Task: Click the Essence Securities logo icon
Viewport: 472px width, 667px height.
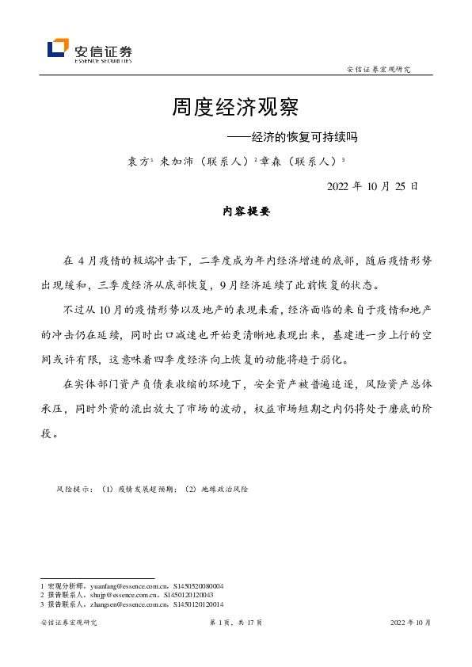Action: pos(59,49)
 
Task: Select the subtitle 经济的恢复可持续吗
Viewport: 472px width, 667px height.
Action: pos(294,137)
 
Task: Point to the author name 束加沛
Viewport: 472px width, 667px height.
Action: pos(176,161)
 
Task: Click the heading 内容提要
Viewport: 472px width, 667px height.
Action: pos(236,212)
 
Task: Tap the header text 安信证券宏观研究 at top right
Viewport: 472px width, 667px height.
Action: pos(379,70)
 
